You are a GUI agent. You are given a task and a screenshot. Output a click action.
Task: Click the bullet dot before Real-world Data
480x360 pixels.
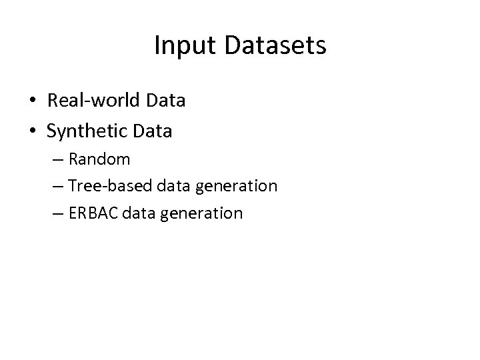[x=32, y=102]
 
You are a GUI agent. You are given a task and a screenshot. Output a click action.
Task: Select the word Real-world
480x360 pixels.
[x=93, y=101]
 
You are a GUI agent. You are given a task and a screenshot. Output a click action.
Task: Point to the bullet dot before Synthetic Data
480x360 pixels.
[x=32, y=132]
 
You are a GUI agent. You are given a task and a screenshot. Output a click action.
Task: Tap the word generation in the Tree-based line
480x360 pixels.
[x=236, y=187]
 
